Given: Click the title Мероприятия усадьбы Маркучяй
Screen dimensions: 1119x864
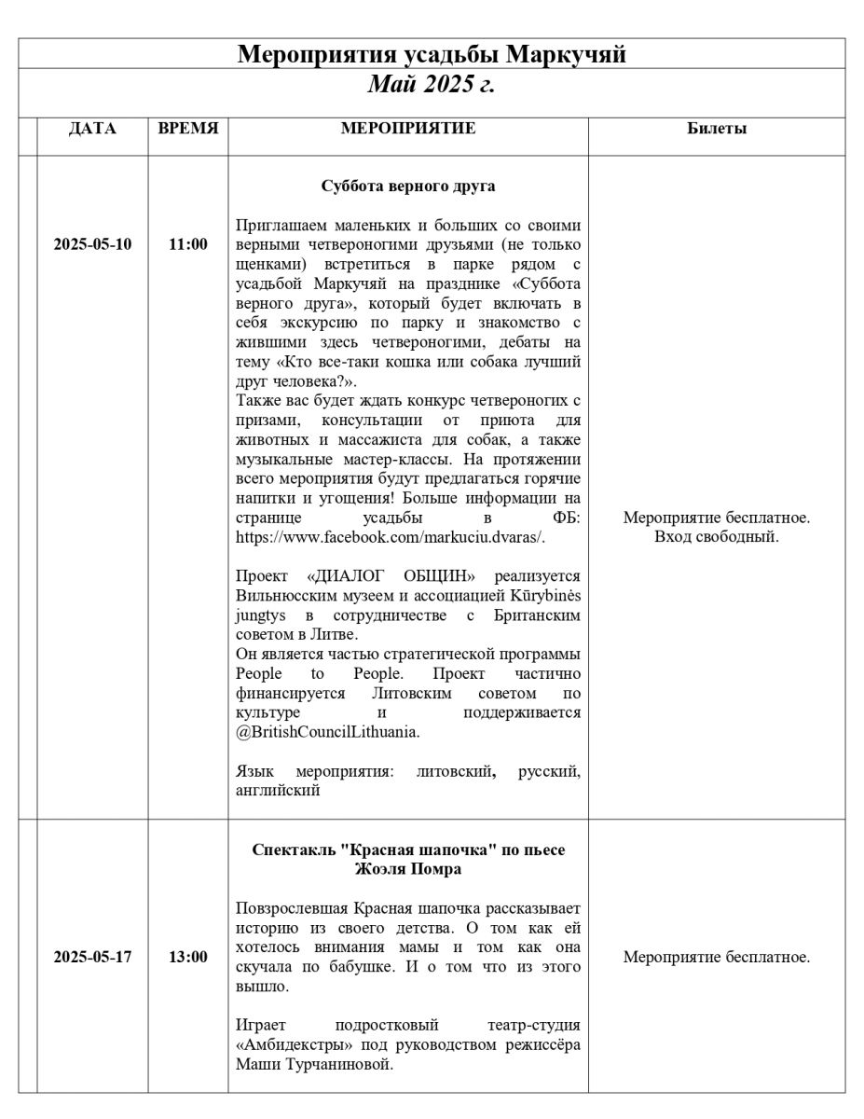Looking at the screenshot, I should point(431,54).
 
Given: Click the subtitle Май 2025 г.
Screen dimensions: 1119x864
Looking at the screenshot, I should point(431,85).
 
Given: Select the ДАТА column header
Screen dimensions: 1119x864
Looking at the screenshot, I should point(92,130).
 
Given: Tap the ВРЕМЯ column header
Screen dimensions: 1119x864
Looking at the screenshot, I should point(188,130).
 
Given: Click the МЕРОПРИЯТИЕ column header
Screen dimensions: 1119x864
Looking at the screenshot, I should point(408,130).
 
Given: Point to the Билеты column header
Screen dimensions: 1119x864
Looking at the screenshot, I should point(716,130).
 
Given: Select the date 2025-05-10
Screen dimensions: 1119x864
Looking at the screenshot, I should point(92,245).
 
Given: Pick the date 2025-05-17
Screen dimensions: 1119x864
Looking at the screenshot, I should point(92,957).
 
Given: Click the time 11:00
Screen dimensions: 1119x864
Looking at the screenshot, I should point(188,245).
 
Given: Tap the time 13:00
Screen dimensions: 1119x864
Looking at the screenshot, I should point(188,957).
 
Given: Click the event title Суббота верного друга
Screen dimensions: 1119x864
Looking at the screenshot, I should point(408,186).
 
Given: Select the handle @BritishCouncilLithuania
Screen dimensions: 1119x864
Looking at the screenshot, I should point(328,732).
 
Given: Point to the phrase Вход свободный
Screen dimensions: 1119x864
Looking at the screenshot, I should point(716,537).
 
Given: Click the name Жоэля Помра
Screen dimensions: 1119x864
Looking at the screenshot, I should point(408,869).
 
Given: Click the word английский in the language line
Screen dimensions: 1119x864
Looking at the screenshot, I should point(279,791).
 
